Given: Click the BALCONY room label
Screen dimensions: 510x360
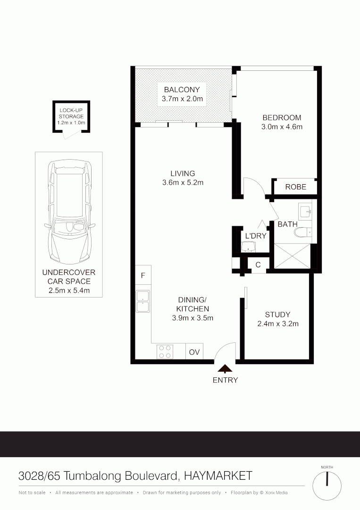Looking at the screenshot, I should [182, 89].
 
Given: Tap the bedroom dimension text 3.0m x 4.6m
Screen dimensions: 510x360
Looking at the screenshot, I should [282, 127].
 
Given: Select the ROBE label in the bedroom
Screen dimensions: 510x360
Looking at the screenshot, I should [296, 187].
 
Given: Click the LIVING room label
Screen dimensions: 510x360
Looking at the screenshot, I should [183, 173].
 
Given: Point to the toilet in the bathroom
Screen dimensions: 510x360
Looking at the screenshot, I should [301, 232].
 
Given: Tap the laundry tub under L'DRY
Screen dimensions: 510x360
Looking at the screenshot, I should [248, 246].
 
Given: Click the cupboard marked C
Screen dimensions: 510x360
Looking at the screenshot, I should [258, 265].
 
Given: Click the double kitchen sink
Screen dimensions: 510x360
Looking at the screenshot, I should [143, 301].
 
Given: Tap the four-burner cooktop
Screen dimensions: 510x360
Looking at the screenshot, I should [165, 351].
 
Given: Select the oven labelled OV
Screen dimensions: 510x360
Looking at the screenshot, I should [194, 352].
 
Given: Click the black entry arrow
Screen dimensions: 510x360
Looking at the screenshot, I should [225, 369].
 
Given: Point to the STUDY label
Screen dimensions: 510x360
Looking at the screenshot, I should [277, 314].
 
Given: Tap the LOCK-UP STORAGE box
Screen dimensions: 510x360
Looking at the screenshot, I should [71, 117].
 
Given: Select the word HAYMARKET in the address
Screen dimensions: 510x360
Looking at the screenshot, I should [218, 476].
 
